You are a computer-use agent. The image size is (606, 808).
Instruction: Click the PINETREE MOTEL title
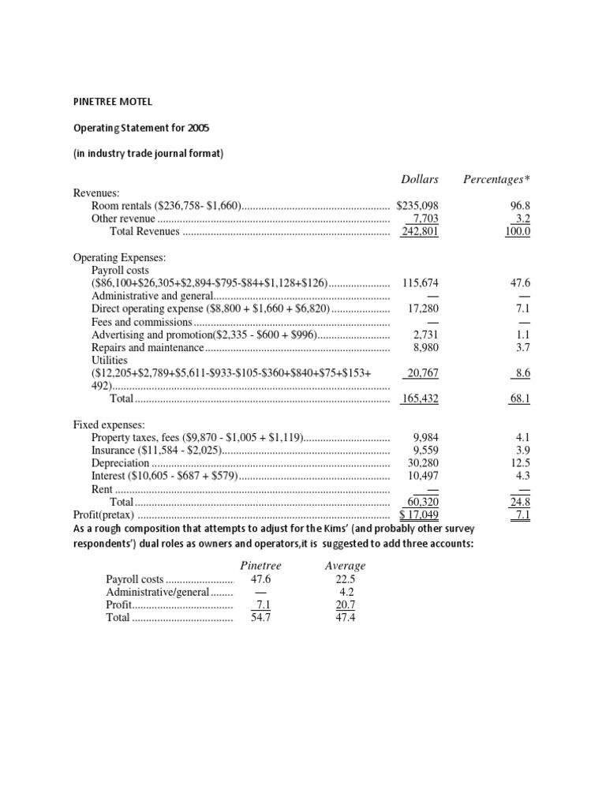[113, 101]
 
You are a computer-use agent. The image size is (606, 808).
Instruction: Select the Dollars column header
[419, 179]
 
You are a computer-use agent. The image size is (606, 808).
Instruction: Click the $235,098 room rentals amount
[417, 205]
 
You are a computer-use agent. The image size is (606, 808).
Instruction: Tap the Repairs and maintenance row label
[148, 347]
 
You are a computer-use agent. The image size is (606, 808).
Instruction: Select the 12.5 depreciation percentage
[520, 463]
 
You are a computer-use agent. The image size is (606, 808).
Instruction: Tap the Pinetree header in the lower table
[260, 566]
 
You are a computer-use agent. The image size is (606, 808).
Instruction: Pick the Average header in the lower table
[345, 566]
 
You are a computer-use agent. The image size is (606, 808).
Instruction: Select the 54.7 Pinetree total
[260, 618]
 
